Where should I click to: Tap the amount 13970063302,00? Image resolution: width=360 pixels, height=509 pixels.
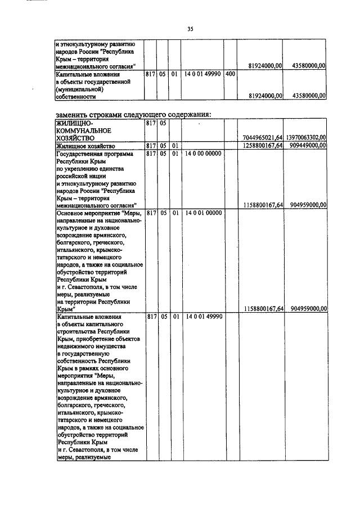[x=305, y=137]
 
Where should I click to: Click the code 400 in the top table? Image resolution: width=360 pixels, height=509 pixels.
[x=229, y=74]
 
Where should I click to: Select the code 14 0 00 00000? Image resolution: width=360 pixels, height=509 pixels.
[x=202, y=154]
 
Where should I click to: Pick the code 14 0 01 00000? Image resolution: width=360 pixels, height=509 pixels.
[x=202, y=213]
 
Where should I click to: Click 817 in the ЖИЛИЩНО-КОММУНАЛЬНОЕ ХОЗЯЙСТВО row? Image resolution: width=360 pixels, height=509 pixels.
[x=150, y=122]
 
